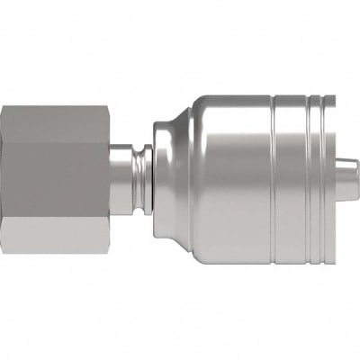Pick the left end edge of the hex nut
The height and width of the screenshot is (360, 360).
pos(3,179)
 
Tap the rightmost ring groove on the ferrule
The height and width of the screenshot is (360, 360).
pos(317,179)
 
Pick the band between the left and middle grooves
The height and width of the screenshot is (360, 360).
pos(292,179)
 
